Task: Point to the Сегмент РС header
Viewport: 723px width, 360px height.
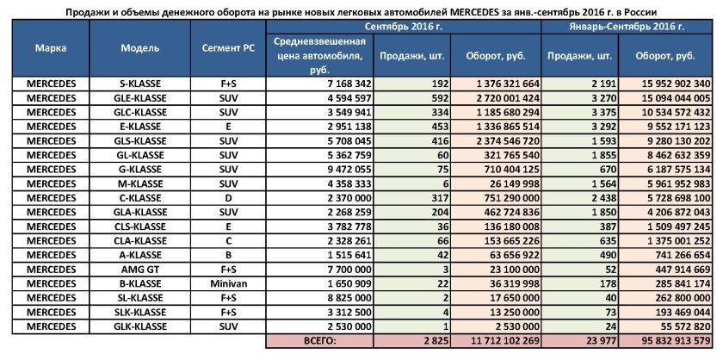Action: click(x=228, y=48)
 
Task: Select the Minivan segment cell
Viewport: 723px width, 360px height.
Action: click(x=228, y=282)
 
